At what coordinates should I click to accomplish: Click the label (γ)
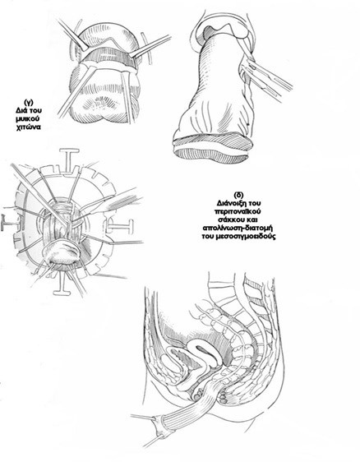[x=29, y=103]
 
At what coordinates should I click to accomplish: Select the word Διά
[x=22, y=111]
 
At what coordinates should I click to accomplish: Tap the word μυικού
[x=28, y=119]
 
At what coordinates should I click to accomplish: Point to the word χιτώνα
[x=28, y=127]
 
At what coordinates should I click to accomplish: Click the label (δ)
[x=238, y=196]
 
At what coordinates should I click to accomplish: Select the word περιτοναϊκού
[x=238, y=211]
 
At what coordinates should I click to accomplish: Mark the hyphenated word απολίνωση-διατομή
[x=238, y=228]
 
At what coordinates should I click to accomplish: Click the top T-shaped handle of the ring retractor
[x=70, y=159]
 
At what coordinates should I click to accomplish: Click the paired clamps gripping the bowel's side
[x=265, y=78]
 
